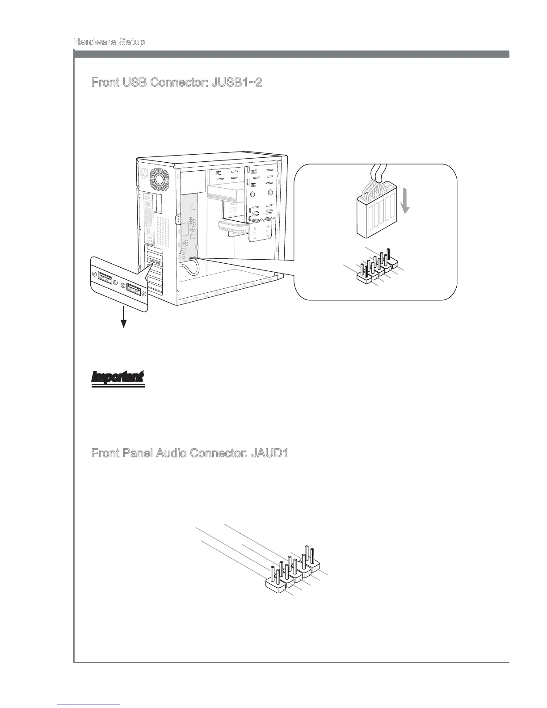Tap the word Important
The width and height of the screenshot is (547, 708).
pyautogui.click(x=118, y=377)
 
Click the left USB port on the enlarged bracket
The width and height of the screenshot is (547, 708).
pyautogui.click(x=104, y=278)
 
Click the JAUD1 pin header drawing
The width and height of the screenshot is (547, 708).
pyautogui.click(x=293, y=570)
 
